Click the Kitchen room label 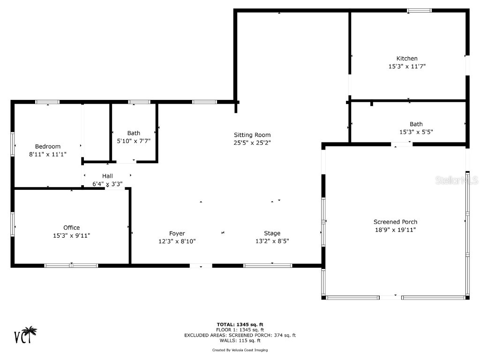[407, 59]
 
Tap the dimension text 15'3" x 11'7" [407, 67]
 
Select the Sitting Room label [252, 135]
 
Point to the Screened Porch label [395, 222]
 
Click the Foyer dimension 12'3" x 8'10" [177, 241]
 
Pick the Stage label [272, 233]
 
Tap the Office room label [71, 228]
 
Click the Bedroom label [48, 146]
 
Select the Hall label [107, 176]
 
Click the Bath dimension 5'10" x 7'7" [134, 141]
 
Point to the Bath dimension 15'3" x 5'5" [416, 132]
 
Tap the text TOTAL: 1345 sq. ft [240, 324]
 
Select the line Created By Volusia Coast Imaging [240, 350]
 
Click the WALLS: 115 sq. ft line [240, 341]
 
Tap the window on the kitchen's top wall [419, 10]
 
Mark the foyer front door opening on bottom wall [201, 266]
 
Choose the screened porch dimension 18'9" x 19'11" [395, 230]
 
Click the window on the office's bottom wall [71, 265]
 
